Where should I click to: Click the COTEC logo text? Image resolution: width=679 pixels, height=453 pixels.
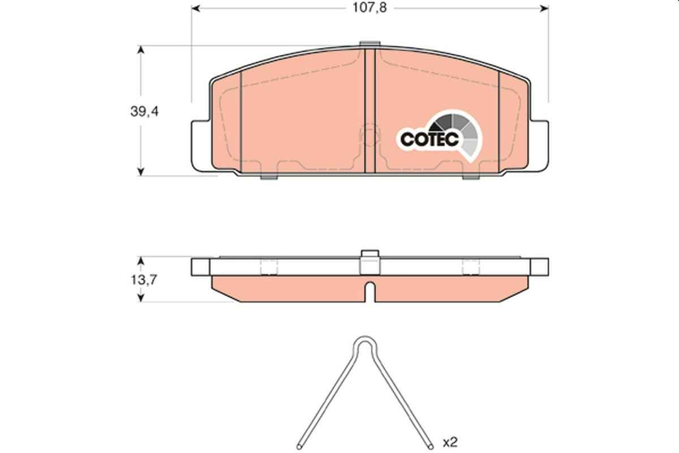tap(429, 139)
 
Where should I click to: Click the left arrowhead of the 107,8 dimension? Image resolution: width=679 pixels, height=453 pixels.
tap(196, 8)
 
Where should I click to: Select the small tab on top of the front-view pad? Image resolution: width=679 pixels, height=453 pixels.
tap(369, 44)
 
